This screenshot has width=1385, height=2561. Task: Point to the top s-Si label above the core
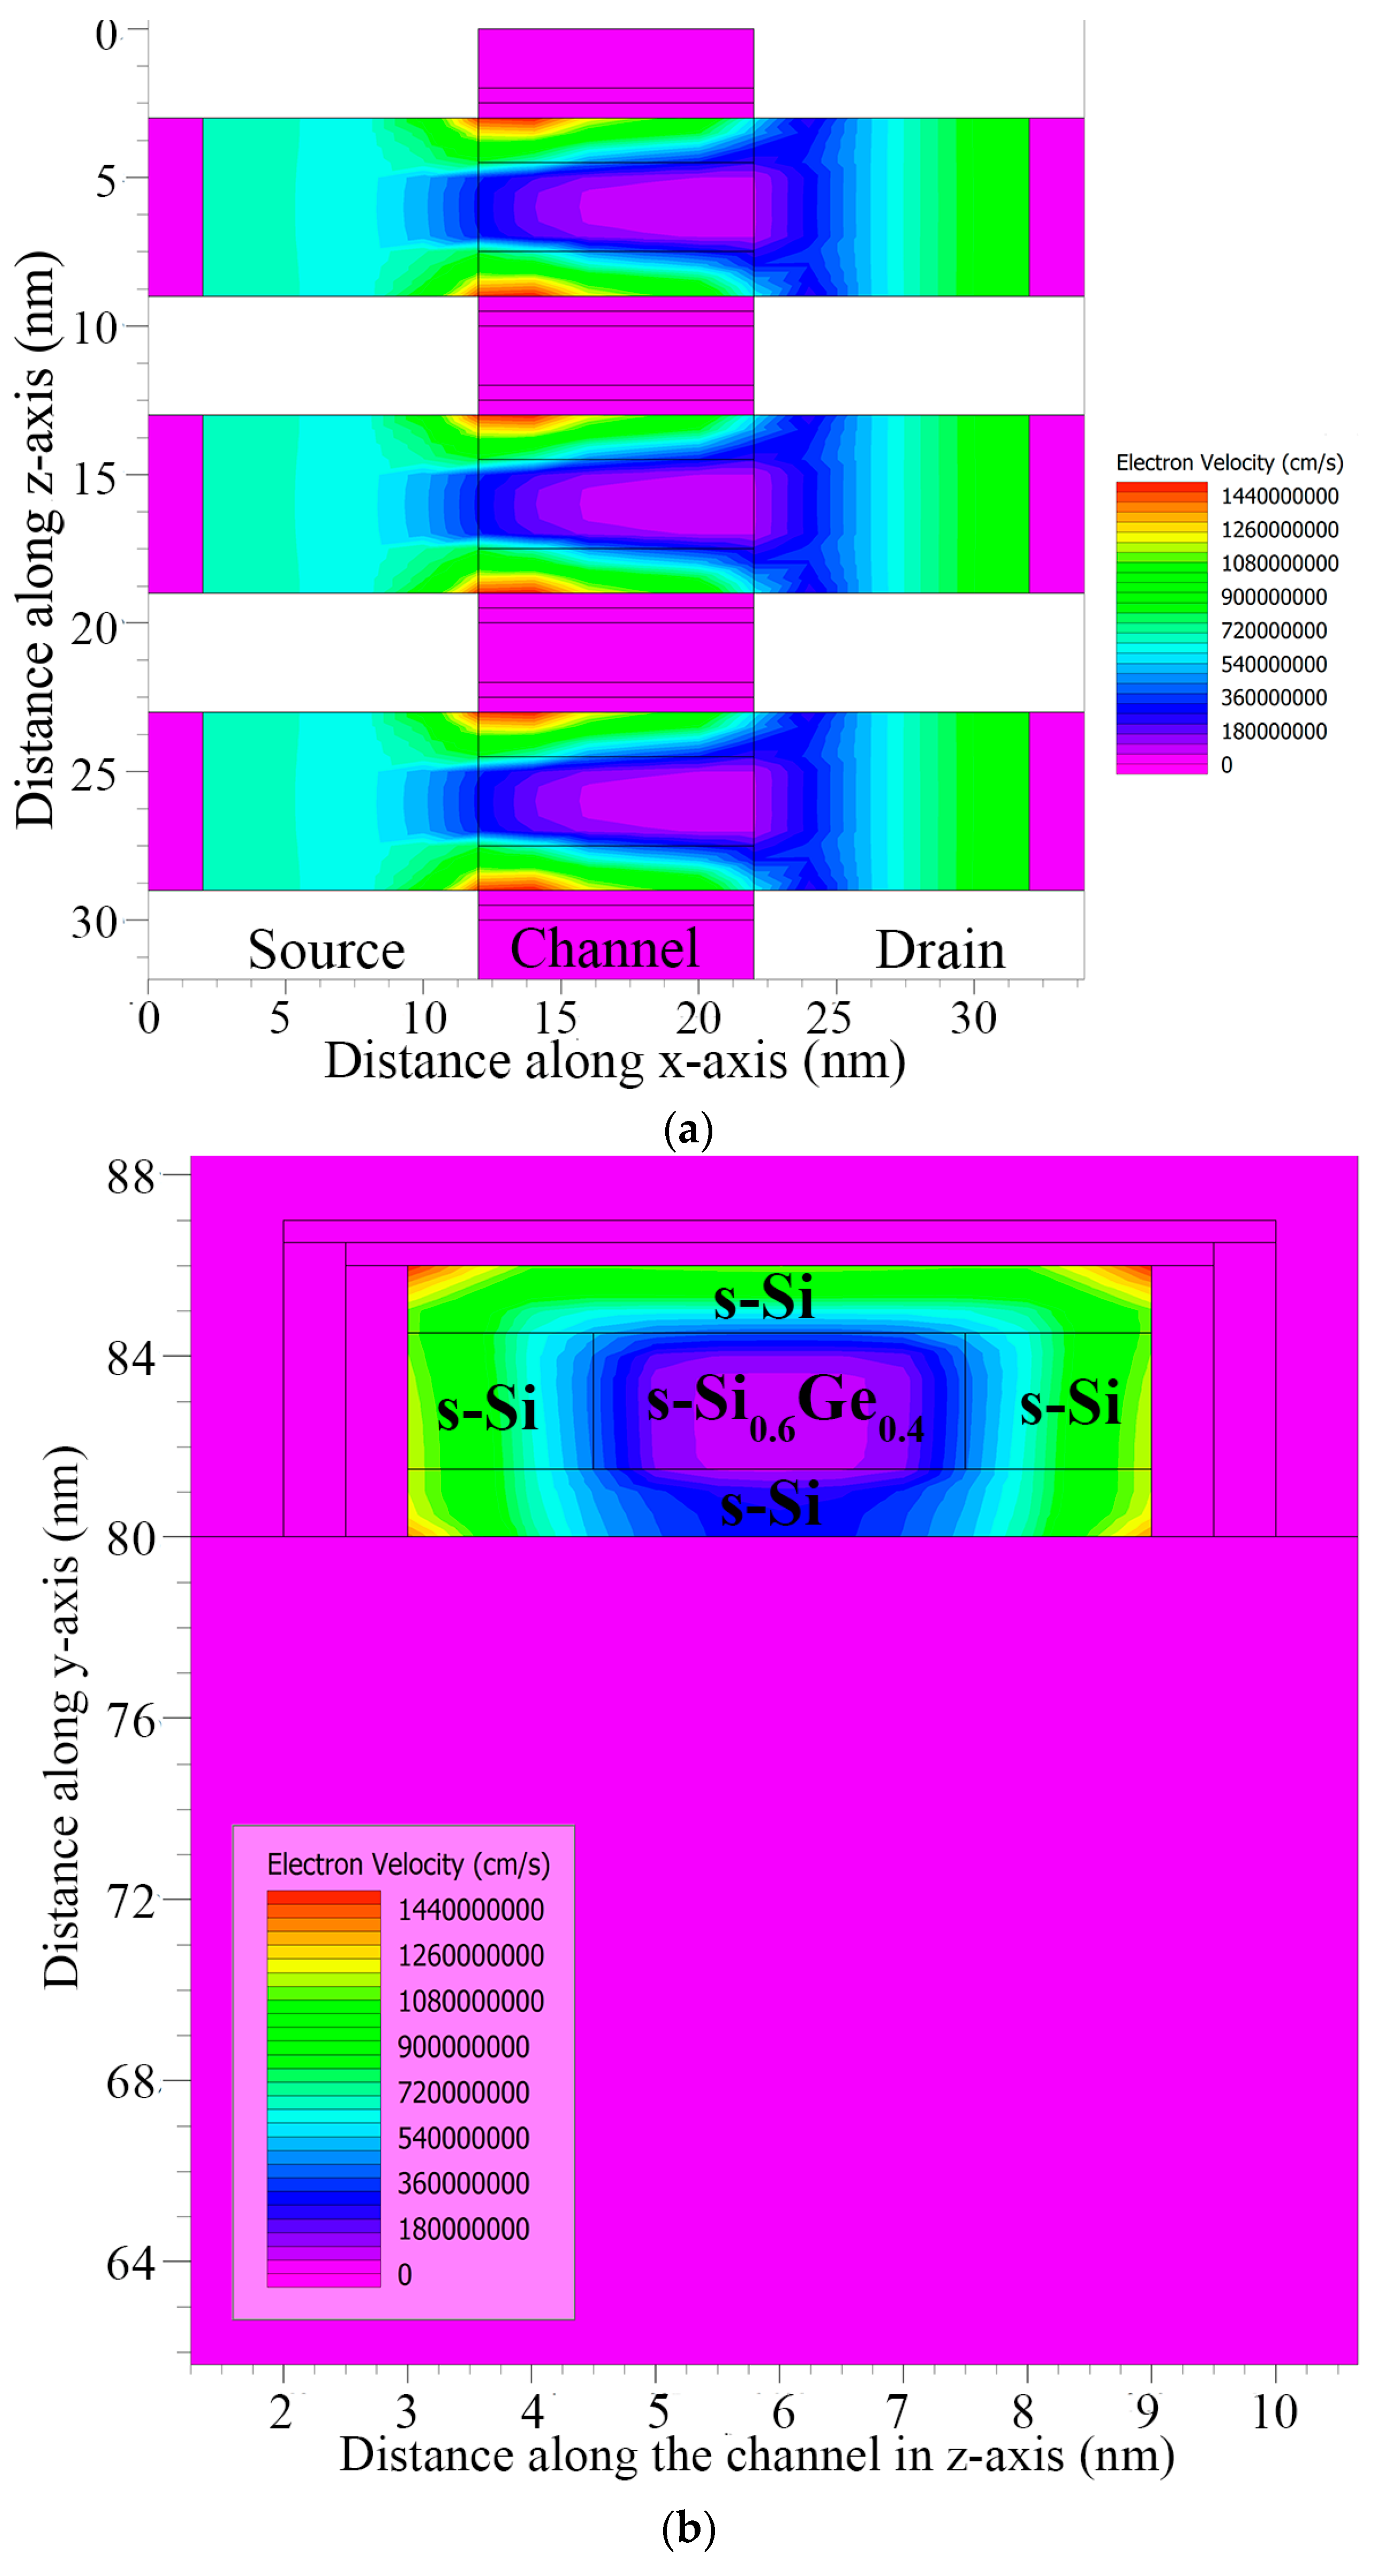[764, 1297]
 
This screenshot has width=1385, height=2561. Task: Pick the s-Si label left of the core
[487, 1408]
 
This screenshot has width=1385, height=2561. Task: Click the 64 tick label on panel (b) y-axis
[131, 2264]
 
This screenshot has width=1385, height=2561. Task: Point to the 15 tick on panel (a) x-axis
[555, 1018]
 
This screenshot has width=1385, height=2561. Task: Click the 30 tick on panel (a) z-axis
[95, 922]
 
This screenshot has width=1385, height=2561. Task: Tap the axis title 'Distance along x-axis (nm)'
[614, 1061]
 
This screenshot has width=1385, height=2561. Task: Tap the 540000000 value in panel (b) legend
[463, 2138]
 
